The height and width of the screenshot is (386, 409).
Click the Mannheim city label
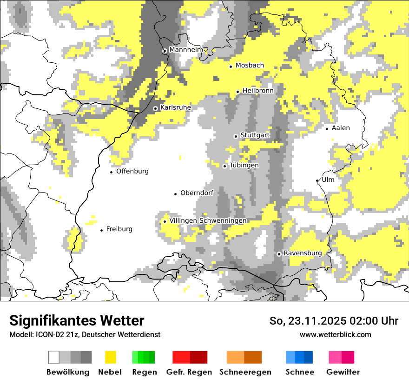click(186, 50)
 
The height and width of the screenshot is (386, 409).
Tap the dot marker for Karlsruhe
click(156, 108)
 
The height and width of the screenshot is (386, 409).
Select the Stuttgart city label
click(255, 135)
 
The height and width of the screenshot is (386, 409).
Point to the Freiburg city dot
click(101, 230)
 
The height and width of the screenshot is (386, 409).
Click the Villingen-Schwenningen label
click(208, 220)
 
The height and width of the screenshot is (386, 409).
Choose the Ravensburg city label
click(303, 253)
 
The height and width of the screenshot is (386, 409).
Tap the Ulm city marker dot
click(317, 180)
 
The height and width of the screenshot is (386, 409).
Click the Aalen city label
click(341, 128)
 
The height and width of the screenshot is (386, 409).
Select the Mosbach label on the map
click(250, 66)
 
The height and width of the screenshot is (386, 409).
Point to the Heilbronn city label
click(258, 91)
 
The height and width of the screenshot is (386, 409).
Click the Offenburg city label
click(132, 171)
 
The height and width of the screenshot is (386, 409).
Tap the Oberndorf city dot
click(175, 193)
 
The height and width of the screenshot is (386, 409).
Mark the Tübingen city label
click(244, 166)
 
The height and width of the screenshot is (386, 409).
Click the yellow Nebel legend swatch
click(110, 357)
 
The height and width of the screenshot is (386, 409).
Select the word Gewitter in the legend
click(343, 372)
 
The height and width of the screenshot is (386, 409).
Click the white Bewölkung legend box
click(54, 357)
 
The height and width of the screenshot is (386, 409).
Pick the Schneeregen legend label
click(245, 372)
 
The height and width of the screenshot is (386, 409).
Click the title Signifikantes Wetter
click(77, 320)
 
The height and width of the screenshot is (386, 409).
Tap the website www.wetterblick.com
click(335, 334)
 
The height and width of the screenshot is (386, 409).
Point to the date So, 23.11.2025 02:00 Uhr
click(334, 321)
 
